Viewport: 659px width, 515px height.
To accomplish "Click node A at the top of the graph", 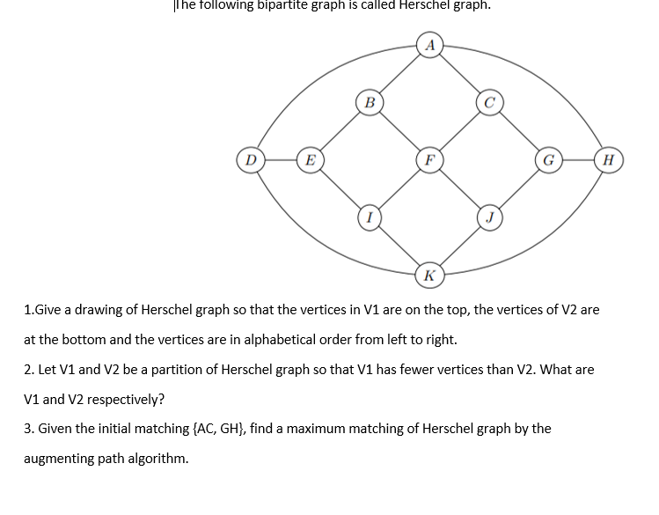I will (x=428, y=45).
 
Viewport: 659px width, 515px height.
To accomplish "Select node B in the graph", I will (x=370, y=103).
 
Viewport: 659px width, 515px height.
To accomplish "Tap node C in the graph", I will (x=489, y=103).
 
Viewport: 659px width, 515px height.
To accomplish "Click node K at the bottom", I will (x=428, y=276).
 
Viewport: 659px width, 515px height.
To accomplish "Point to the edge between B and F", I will (x=399, y=132).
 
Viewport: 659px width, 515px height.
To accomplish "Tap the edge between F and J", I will (x=458, y=188).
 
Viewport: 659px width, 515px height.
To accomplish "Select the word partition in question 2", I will (x=189, y=369).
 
